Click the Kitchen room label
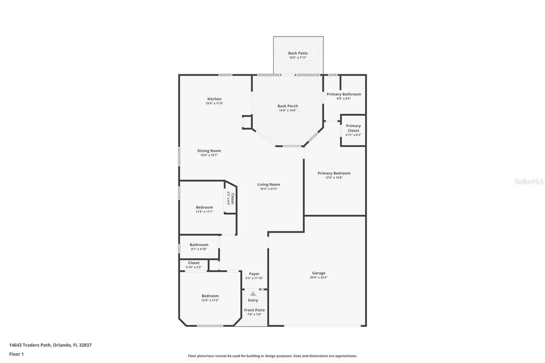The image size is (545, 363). [214, 99]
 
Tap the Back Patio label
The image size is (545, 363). [298, 53]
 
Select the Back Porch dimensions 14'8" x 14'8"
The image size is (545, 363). [287, 111]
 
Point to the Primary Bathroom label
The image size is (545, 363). [344, 94]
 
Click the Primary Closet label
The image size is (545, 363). [353, 128]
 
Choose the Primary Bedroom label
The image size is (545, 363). [334, 173]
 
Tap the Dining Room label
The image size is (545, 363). [209, 151]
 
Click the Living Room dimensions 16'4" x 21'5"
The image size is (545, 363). [269, 189]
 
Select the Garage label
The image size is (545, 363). [318, 273]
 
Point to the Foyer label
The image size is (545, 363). [254, 274]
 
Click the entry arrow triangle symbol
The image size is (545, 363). [253, 294]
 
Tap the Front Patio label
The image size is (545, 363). [254, 310]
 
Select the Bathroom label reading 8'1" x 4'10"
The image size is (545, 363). [199, 245]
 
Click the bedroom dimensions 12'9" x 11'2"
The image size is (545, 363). [210, 300]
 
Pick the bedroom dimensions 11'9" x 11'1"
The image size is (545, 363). [204, 212]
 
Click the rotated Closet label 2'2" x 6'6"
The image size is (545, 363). [230, 198]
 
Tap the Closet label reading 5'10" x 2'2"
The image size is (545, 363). [193, 263]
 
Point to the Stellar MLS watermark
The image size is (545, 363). [529, 181]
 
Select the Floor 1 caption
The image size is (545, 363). [17, 354]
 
